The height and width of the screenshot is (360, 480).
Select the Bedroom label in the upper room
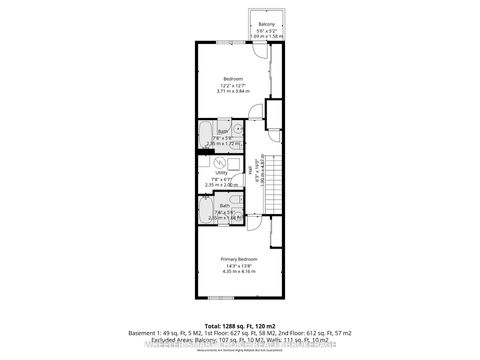point(233,78)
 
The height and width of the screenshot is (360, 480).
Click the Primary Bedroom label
point(239,258)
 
